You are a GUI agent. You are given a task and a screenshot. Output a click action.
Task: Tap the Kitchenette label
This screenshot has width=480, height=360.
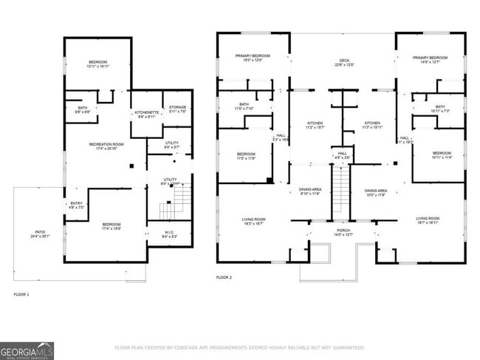[x=146, y=114]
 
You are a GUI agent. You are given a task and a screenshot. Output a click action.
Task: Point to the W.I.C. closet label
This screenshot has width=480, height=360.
[x=169, y=234]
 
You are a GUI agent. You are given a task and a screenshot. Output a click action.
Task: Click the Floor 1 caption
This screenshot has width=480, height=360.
[x=22, y=294]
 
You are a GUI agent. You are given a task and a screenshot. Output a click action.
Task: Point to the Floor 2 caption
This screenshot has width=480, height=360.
[x=224, y=277]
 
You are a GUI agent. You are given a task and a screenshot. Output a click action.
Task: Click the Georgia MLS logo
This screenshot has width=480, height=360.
[x=27, y=350]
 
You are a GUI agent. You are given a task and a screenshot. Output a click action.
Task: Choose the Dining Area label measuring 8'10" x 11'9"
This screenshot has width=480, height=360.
[x=309, y=191]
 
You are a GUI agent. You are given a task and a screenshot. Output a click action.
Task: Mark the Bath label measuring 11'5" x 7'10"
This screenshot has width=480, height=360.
[x=244, y=106]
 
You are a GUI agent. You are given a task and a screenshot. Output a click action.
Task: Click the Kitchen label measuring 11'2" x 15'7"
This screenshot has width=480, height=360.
[x=316, y=125]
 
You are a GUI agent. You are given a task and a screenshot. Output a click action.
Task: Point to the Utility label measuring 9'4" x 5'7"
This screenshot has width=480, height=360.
[x=172, y=145]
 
